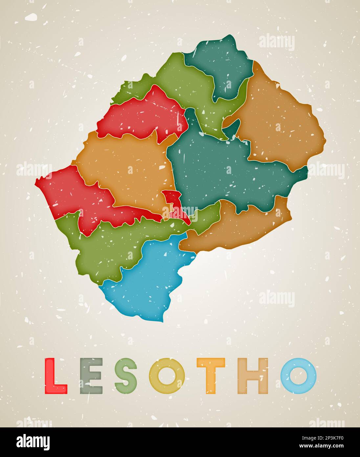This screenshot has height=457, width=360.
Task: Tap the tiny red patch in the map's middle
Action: pos(174,204)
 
